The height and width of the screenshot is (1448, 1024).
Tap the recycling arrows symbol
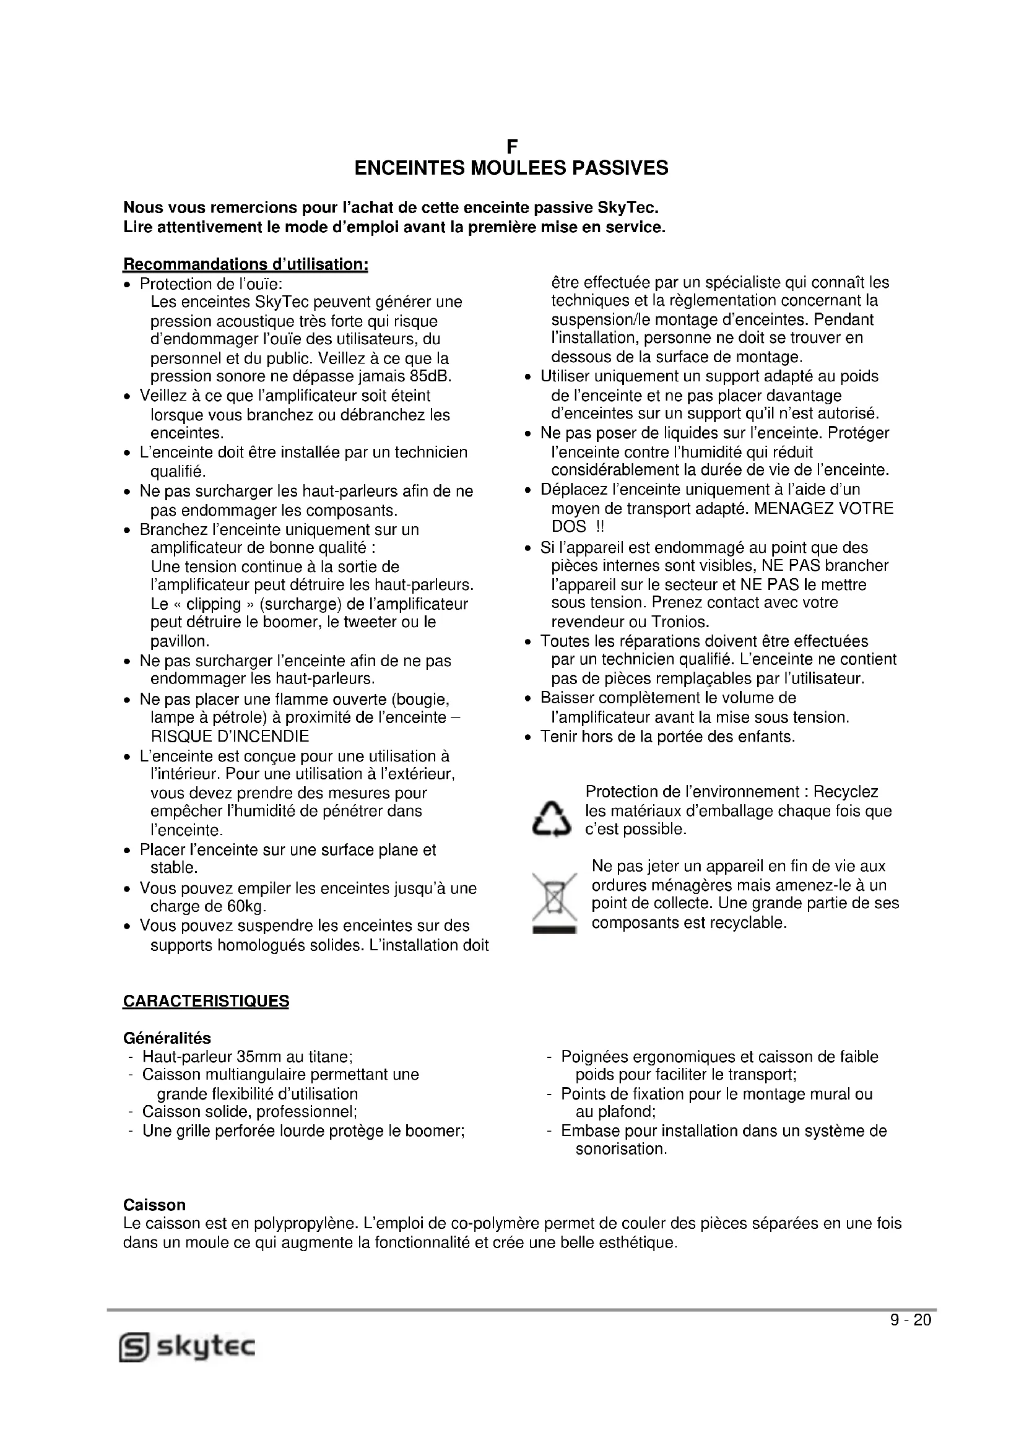tap(551, 818)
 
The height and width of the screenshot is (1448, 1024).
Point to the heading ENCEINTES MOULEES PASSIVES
tap(511, 168)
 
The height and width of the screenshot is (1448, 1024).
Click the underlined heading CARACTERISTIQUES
tap(206, 1002)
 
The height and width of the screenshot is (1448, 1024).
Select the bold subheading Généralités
tap(167, 1038)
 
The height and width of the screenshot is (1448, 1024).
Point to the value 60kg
tap(246, 907)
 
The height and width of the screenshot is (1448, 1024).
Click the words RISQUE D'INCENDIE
tap(230, 736)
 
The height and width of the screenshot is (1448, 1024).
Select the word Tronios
tap(680, 622)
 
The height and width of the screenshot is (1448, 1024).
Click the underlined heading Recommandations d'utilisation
tap(245, 264)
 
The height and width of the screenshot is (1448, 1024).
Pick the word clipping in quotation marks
tap(213, 604)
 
